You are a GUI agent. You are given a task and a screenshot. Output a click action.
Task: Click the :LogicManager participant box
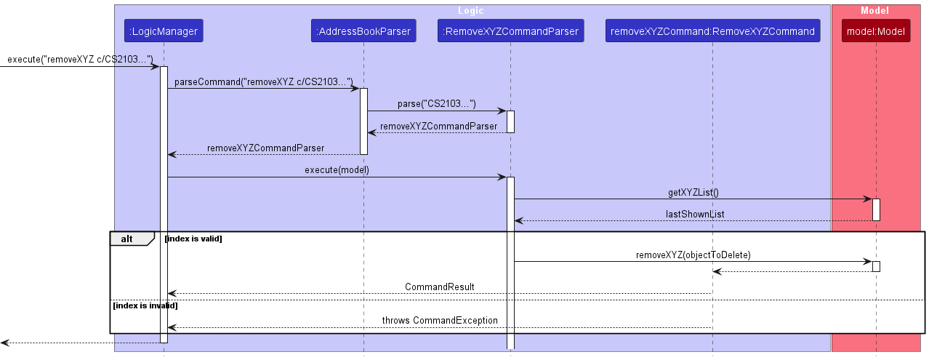click(x=164, y=31)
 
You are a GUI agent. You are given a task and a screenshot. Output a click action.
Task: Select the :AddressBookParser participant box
click(x=363, y=31)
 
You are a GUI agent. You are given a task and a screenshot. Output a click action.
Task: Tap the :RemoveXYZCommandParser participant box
click(x=510, y=31)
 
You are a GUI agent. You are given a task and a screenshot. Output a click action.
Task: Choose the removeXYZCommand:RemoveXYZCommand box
click(x=712, y=31)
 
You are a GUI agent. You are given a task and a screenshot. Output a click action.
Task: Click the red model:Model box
click(x=876, y=31)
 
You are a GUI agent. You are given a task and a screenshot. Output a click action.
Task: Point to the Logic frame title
click(x=470, y=11)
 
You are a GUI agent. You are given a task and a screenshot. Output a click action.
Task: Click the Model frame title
click(x=875, y=11)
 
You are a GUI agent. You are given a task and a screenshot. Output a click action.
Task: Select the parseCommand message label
click(x=263, y=82)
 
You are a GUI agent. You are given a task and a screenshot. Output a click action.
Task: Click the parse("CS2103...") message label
click(x=436, y=105)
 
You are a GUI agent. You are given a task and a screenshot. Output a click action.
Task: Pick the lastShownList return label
click(x=694, y=215)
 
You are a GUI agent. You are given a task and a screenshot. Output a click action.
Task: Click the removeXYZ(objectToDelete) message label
click(x=693, y=255)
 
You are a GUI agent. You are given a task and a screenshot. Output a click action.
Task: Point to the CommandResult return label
click(x=439, y=287)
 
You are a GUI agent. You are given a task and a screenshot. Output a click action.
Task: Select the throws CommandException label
click(x=440, y=321)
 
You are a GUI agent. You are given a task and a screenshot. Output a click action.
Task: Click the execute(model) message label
click(x=337, y=170)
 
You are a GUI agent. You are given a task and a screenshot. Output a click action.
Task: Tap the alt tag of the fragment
click(x=128, y=239)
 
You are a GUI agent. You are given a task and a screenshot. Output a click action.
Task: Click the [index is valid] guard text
click(x=193, y=239)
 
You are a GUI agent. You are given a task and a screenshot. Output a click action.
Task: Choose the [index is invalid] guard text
click(x=145, y=305)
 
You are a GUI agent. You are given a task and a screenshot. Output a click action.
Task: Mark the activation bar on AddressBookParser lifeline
click(x=363, y=121)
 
